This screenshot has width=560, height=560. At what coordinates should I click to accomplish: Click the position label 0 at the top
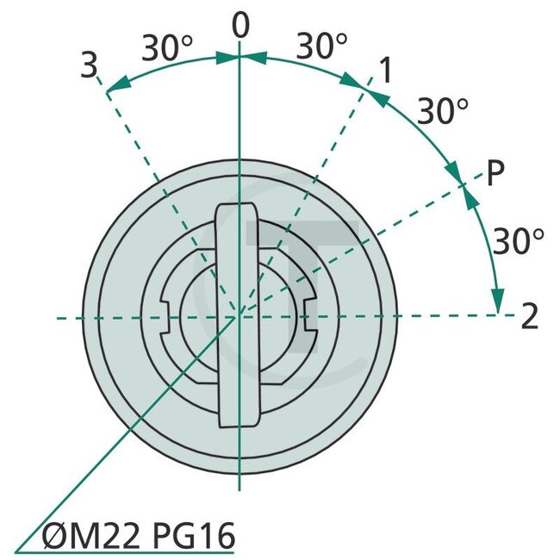click(x=240, y=27)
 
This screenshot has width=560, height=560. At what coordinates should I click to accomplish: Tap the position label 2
click(x=530, y=318)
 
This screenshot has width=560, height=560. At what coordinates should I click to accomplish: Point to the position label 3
click(x=89, y=65)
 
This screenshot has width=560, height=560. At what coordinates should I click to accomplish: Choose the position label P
click(x=495, y=173)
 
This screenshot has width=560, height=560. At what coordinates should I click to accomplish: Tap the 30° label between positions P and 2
click(x=518, y=241)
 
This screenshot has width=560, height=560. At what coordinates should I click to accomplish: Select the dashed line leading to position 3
click(x=146, y=155)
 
